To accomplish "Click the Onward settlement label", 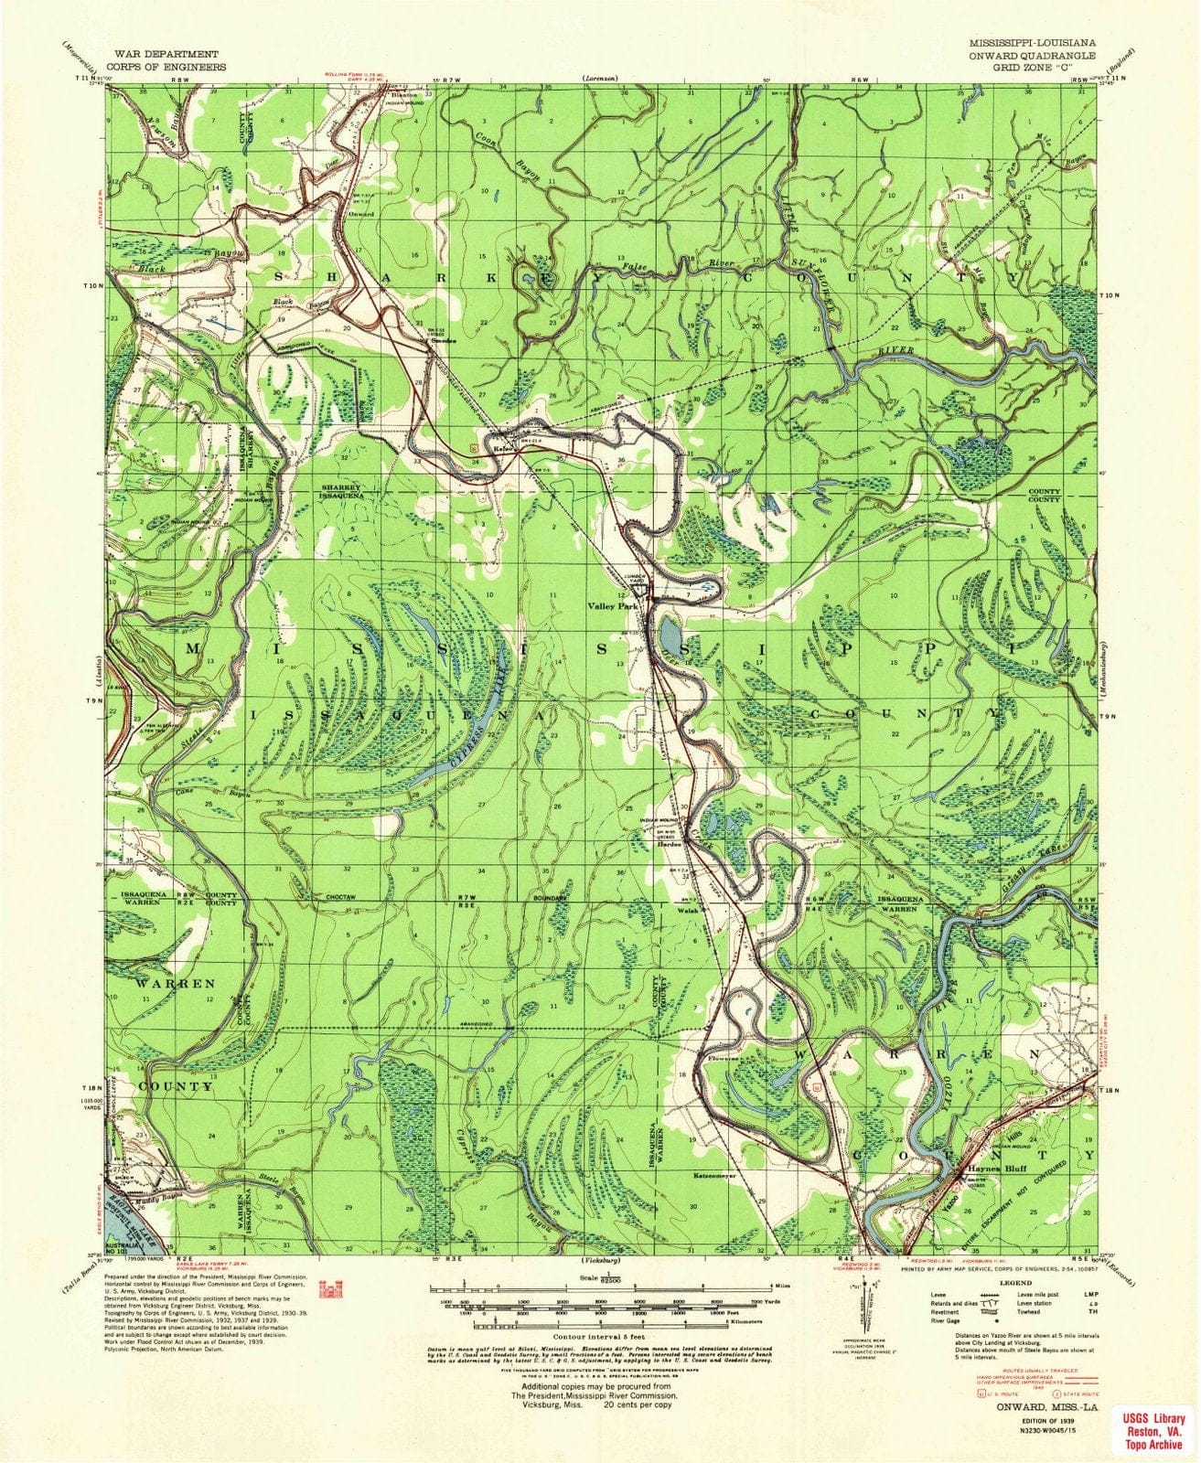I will (361, 213).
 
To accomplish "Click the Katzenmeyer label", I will (715, 1174).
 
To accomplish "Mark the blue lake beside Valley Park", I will (668, 632).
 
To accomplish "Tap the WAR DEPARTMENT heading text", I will (165, 55).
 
